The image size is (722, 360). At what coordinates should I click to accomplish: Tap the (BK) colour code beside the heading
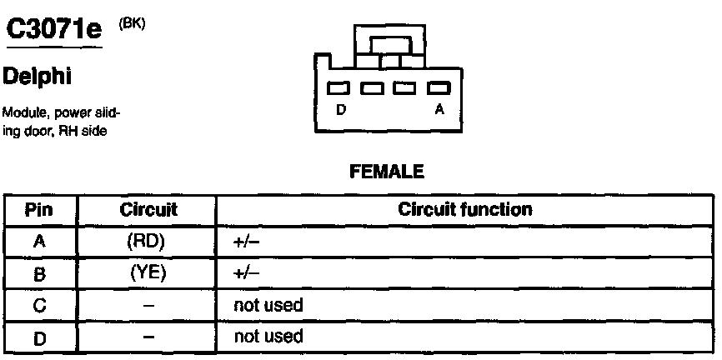132,23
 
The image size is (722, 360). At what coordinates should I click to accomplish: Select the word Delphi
39,77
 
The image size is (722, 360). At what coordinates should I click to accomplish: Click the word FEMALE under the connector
388,172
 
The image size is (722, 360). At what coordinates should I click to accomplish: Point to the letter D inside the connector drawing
340,108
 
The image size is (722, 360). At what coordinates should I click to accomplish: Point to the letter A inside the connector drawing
439,108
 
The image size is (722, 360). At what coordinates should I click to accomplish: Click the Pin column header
39,210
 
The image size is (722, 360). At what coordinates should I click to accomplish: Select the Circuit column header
148,210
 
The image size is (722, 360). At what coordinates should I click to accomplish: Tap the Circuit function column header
464,210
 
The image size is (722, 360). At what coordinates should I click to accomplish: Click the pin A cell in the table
39,242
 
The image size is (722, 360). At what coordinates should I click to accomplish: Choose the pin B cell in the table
39,273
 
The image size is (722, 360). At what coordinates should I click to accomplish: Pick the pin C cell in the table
39,305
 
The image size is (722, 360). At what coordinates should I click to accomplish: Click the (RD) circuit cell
148,242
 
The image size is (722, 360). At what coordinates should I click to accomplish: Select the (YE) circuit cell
148,272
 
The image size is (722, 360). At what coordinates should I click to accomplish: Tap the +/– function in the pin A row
248,242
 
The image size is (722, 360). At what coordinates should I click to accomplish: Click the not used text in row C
268,305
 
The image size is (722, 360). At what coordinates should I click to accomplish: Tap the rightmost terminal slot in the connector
439,87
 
